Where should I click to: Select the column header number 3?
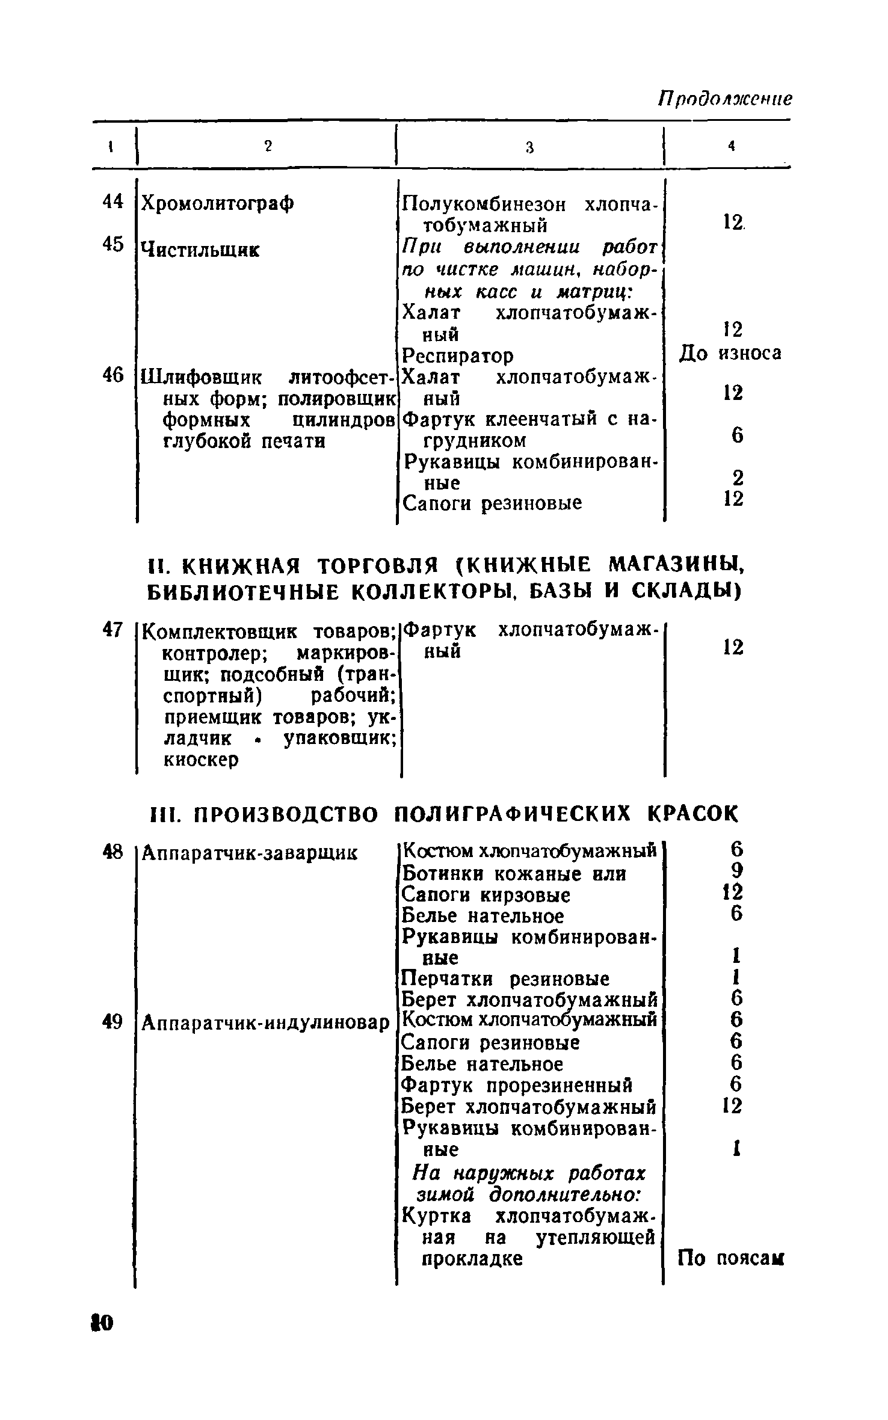tap(529, 147)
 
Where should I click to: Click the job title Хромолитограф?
tap(217, 204)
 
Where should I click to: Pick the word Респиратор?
tap(457, 356)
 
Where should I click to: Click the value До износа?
tap(730, 353)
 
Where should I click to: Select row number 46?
tap(113, 376)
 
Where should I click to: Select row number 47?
tap(113, 629)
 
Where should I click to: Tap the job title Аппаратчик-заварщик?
tap(248, 852)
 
